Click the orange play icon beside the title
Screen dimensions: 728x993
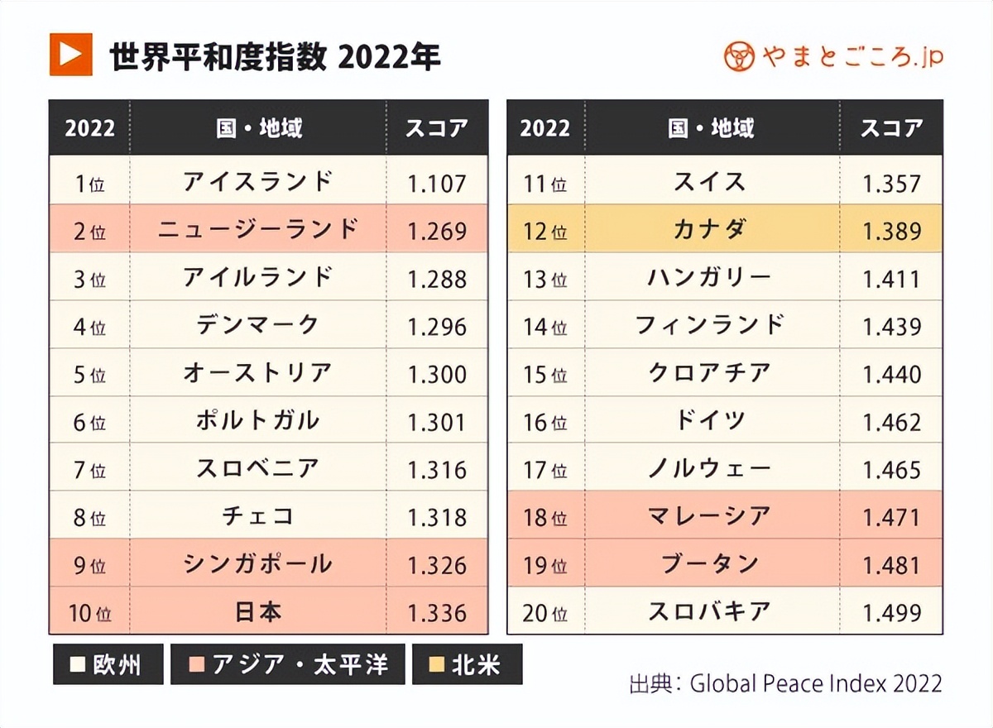70,55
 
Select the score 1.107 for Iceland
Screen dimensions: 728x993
437,183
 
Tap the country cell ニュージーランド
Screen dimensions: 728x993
258,230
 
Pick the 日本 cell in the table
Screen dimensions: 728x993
258,612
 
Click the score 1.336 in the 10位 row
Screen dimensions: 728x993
437,613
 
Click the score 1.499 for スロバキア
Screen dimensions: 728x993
892,613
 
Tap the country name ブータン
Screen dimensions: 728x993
710,565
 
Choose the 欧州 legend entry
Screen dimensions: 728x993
108,664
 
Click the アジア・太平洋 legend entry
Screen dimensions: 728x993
288,664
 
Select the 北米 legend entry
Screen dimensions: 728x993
467,664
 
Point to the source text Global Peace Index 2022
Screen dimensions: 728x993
815,684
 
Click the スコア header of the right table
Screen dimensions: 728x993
892,128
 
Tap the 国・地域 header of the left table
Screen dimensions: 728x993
258,128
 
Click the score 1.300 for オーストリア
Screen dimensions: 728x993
437,374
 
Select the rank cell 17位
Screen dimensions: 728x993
545,470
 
